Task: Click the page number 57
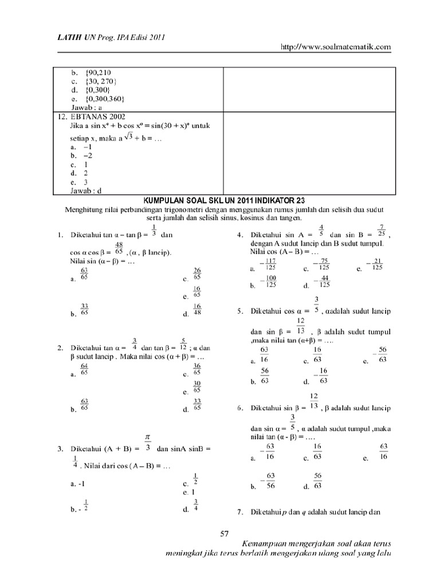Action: (x=225, y=534)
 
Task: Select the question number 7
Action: (x=239, y=511)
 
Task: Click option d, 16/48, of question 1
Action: (x=197, y=310)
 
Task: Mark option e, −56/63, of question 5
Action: (x=380, y=355)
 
